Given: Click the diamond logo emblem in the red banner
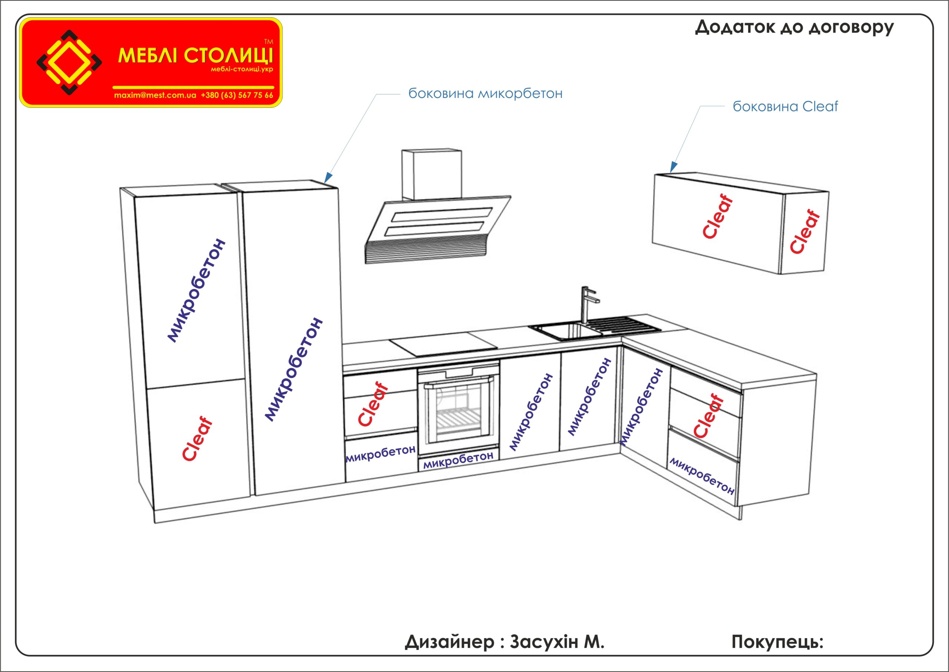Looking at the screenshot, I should pyautogui.click(x=69, y=62).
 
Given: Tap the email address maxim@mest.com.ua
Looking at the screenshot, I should pyautogui.click(x=155, y=95).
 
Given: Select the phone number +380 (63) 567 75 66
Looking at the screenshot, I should pyautogui.click(x=237, y=95).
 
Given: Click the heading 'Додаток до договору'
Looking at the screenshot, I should pyautogui.click(x=794, y=28).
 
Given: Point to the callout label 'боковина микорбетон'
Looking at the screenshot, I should pyautogui.click(x=485, y=93).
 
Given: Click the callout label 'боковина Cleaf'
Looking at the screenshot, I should pyautogui.click(x=785, y=107).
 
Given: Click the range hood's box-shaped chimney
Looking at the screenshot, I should pyautogui.click(x=431, y=175).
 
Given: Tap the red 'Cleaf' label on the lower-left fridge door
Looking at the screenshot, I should pyautogui.click(x=198, y=439).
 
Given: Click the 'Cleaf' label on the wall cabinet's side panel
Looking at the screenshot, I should pyautogui.click(x=805, y=232).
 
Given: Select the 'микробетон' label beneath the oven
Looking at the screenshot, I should pyautogui.click(x=458, y=460).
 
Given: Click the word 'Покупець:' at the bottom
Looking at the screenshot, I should pyautogui.click(x=777, y=642).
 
